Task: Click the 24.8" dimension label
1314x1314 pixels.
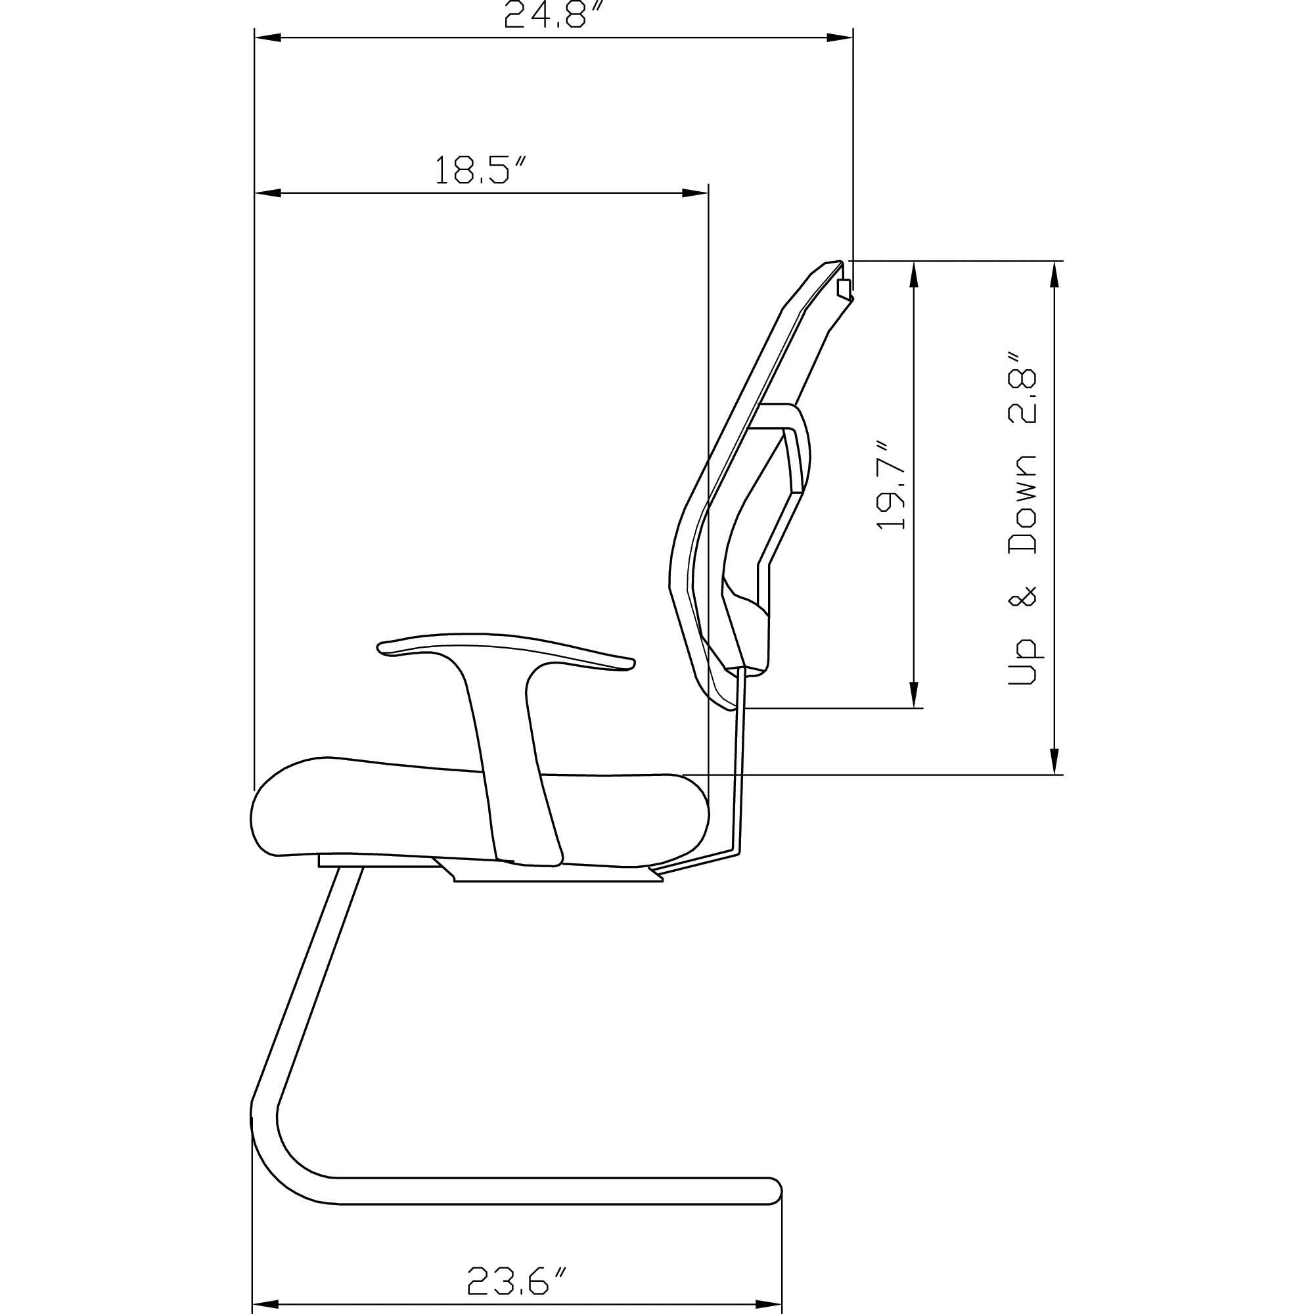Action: (555, 15)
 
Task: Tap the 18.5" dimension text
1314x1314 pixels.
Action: (481, 170)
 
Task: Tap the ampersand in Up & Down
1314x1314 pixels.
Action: (1024, 596)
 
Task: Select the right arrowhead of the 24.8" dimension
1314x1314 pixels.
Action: (840, 38)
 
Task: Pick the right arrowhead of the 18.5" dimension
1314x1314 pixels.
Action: (695, 193)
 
